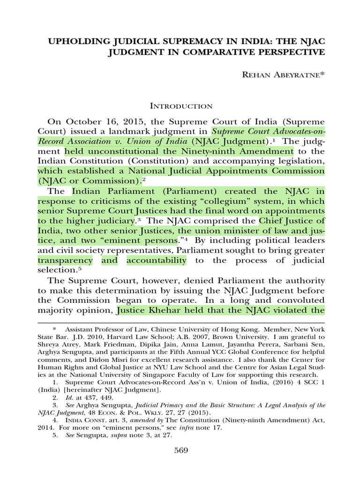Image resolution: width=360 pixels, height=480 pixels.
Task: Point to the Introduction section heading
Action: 180,106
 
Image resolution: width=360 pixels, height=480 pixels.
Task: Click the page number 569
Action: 180,450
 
